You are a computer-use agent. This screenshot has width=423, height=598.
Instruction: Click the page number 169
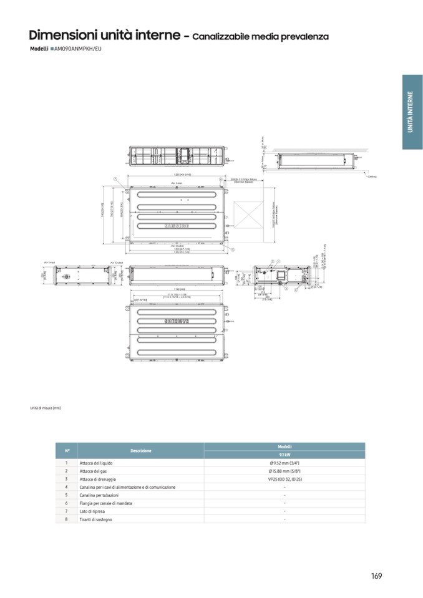click(376, 576)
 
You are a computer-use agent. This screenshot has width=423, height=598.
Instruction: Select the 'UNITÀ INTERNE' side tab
click(411, 112)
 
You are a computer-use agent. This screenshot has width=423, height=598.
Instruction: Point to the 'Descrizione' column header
click(141, 450)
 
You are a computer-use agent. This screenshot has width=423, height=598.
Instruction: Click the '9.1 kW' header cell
click(284, 455)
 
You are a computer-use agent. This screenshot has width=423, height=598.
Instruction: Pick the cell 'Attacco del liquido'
click(96, 463)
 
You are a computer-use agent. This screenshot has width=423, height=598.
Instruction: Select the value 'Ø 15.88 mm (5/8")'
click(284, 471)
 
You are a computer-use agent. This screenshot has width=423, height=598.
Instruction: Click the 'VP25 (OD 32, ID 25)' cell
click(284, 479)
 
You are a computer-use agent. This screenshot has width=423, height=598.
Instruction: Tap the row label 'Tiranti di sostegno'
click(96, 519)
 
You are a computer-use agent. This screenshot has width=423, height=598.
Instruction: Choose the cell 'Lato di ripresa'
click(92, 511)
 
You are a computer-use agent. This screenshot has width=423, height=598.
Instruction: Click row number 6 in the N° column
click(66, 503)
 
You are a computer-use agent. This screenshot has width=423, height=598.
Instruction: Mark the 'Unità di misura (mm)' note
click(46, 408)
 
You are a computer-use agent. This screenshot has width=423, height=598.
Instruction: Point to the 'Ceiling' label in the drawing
click(373, 176)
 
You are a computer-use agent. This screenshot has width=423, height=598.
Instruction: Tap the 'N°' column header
click(67, 450)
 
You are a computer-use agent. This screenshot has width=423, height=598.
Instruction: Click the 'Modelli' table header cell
click(284, 446)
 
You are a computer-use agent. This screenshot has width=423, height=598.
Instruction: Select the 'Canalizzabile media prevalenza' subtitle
click(260, 37)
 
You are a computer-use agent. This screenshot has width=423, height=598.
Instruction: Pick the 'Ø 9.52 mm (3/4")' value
click(284, 463)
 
